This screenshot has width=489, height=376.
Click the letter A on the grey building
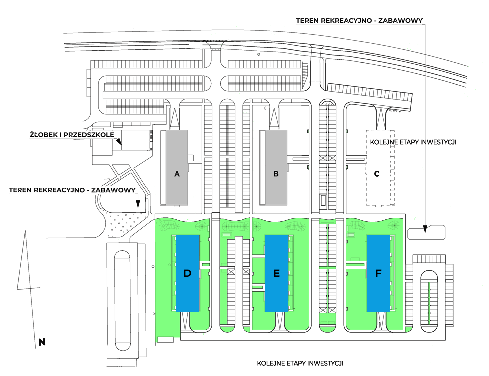[177, 174]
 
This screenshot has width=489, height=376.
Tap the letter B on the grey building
[276, 174]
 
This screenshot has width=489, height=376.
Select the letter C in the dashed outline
[377, 174]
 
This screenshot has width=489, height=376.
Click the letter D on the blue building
[188, 273]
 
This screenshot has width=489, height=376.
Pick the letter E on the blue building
[276, 273]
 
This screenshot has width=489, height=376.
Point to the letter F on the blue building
[378, 273]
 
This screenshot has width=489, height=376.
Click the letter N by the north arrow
[42, 342]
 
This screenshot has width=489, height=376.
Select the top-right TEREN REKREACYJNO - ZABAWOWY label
[359, 21]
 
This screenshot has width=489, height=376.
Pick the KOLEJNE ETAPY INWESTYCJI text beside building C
[414, 142]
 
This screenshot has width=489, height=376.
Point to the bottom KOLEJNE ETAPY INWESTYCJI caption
[300, 363]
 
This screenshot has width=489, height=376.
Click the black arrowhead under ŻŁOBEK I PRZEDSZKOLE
[119, 142]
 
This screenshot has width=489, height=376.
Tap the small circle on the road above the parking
[258, 54]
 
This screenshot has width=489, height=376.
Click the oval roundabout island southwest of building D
[122, 302]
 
